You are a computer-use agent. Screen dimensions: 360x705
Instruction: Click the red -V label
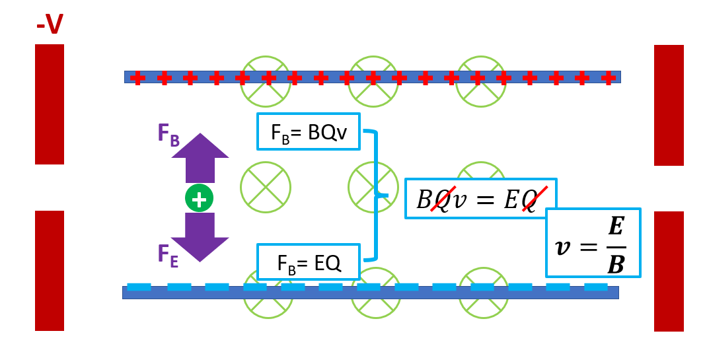coord(50,25)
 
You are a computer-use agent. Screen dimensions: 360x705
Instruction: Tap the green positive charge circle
coord(199,198)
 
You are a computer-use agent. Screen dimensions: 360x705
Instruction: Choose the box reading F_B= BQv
coord(309,131)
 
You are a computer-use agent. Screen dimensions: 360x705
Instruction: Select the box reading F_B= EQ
coord(309,262)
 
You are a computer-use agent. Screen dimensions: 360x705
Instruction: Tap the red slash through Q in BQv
coord(440,199)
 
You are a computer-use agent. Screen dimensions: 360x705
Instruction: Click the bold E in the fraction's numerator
coord(616,227)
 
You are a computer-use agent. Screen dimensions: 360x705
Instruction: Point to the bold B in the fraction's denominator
coord(616,264)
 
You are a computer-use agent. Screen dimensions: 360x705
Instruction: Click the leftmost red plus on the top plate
coord(137,78)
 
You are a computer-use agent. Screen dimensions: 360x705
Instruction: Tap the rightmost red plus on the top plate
coord(609,78)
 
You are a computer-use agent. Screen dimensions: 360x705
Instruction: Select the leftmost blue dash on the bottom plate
coord(139,287)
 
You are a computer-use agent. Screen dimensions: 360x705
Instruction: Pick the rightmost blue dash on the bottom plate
coord(595,287)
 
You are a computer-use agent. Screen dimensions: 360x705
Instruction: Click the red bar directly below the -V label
coord(50,104)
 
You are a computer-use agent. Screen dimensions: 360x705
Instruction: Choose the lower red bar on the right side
coord(669,271)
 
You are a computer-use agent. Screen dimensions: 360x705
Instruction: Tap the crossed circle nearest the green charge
coord(265,188)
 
